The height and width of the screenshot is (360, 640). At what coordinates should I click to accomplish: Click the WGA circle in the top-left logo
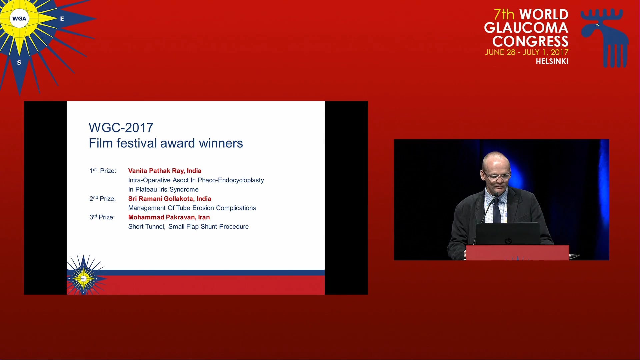coord(19,19)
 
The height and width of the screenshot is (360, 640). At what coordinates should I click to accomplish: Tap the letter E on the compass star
coord(62,19)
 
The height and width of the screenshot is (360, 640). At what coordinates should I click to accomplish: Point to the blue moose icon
coord(604,38)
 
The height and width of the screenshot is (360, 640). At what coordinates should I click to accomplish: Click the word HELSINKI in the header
coord(552,61)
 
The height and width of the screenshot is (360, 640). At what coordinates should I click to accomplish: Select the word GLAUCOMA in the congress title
coord(526,28)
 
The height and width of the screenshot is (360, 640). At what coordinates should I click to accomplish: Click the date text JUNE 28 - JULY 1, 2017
coord(526,52)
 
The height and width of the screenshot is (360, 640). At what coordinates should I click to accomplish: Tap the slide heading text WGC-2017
coord(121,127)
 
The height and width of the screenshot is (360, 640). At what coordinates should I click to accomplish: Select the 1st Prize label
coord(103,171)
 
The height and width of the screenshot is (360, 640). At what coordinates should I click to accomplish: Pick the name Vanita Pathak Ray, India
coord(165,171)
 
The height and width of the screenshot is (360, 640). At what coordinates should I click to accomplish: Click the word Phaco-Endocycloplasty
coord(231,180)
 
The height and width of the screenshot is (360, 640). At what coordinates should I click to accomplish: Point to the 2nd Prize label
coord(102,199)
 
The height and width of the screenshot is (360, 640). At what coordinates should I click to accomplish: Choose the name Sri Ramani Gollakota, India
coord(170,199)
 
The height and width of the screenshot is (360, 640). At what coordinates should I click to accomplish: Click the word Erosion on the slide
coord(203,208)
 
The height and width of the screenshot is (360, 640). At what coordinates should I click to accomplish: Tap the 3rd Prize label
coord(102,217)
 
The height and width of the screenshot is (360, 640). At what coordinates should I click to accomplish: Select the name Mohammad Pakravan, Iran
coord(169,217)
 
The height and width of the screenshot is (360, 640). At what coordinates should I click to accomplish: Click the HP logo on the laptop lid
coord(508,241)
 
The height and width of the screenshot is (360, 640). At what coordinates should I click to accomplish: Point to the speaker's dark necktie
coord(497,210)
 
